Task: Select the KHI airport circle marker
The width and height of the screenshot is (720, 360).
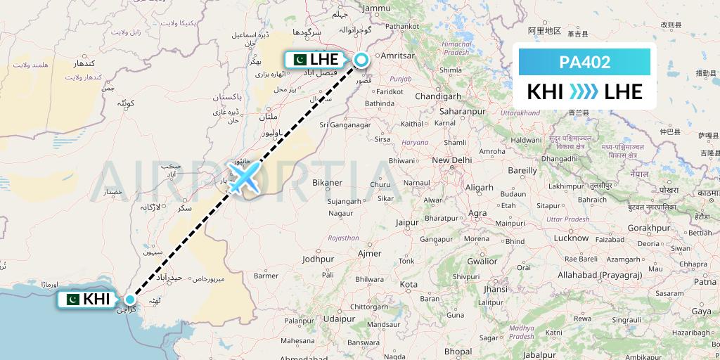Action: [x=129, y=300]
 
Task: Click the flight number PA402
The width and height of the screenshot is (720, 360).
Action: [x=585, y=62]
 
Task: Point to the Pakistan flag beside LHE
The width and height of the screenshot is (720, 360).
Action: [x=298, y=60]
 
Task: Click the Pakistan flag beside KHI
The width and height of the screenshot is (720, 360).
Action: [x=72, y=300]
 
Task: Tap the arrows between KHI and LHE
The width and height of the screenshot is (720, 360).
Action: [x=583, y=91]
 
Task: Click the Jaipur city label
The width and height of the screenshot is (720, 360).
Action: [x=407, y=222]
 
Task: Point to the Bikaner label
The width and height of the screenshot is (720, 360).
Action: [x=327, y=183]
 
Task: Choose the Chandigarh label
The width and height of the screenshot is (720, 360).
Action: [x=437, y=96]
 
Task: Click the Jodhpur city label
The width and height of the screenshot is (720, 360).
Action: [x=317, y=259]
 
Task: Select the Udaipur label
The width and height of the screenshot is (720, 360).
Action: [x=340, y=319]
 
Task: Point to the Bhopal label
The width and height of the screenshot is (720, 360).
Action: [x=458, y=351]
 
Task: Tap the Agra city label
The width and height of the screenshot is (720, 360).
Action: [x=478, y=213]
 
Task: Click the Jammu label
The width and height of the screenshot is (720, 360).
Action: [x=377, y=8]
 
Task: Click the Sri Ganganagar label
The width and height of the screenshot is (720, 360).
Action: [x=345, y=125]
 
